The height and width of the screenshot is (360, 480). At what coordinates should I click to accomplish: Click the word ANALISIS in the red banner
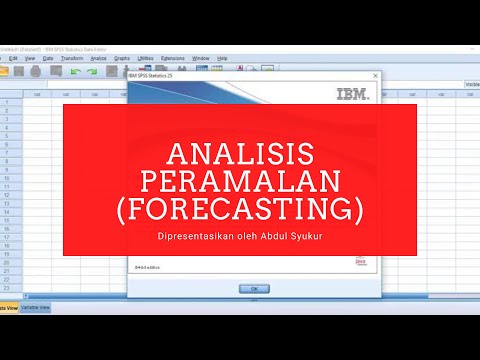[239, 152]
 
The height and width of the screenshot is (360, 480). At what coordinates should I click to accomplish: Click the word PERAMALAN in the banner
[240, 181]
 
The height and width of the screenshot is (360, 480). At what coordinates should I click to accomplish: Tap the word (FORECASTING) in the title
[240, 211]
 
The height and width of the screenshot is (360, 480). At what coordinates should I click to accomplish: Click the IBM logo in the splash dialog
[352, 95]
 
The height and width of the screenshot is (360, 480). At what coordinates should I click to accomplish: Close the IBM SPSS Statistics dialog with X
[374, 76]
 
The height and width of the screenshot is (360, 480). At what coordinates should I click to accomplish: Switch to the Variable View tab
[36, 308]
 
